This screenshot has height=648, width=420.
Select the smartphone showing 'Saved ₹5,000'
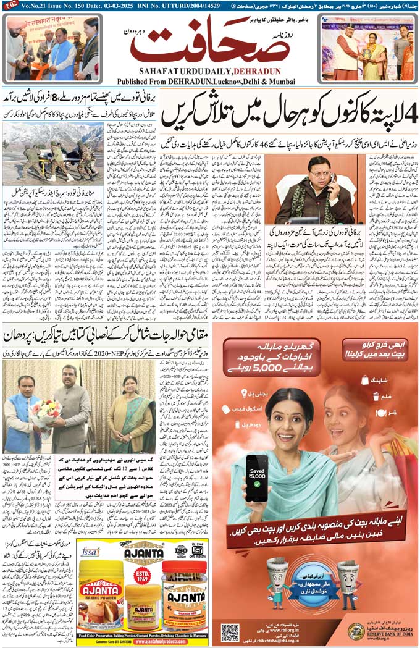tap(256, 478)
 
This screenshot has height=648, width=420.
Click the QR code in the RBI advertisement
tap(230, 632)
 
